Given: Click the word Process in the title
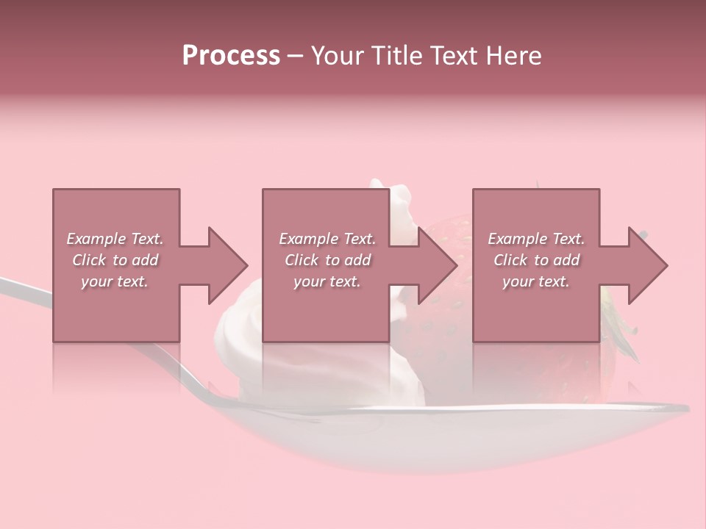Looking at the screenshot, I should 231,56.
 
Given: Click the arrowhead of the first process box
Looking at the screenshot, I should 227,265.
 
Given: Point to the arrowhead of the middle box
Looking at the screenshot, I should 438,265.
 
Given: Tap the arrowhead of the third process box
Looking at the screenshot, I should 648,265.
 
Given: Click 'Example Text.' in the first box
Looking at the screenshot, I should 115,239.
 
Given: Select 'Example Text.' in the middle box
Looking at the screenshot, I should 327,239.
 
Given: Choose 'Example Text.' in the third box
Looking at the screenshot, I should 536,239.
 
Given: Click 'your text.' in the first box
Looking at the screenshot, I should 115,281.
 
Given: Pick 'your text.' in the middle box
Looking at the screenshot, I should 327,281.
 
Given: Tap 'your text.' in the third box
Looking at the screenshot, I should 536,281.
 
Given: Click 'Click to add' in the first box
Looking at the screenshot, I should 115,260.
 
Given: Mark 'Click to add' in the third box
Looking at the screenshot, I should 536,260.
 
